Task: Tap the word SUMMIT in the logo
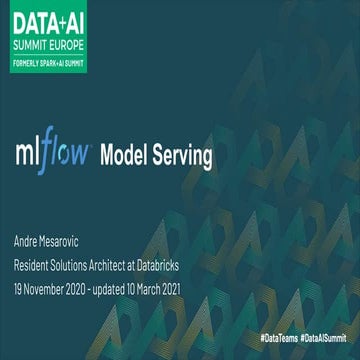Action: tap(31, 46)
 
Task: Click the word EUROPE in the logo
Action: tap(66, 46)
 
